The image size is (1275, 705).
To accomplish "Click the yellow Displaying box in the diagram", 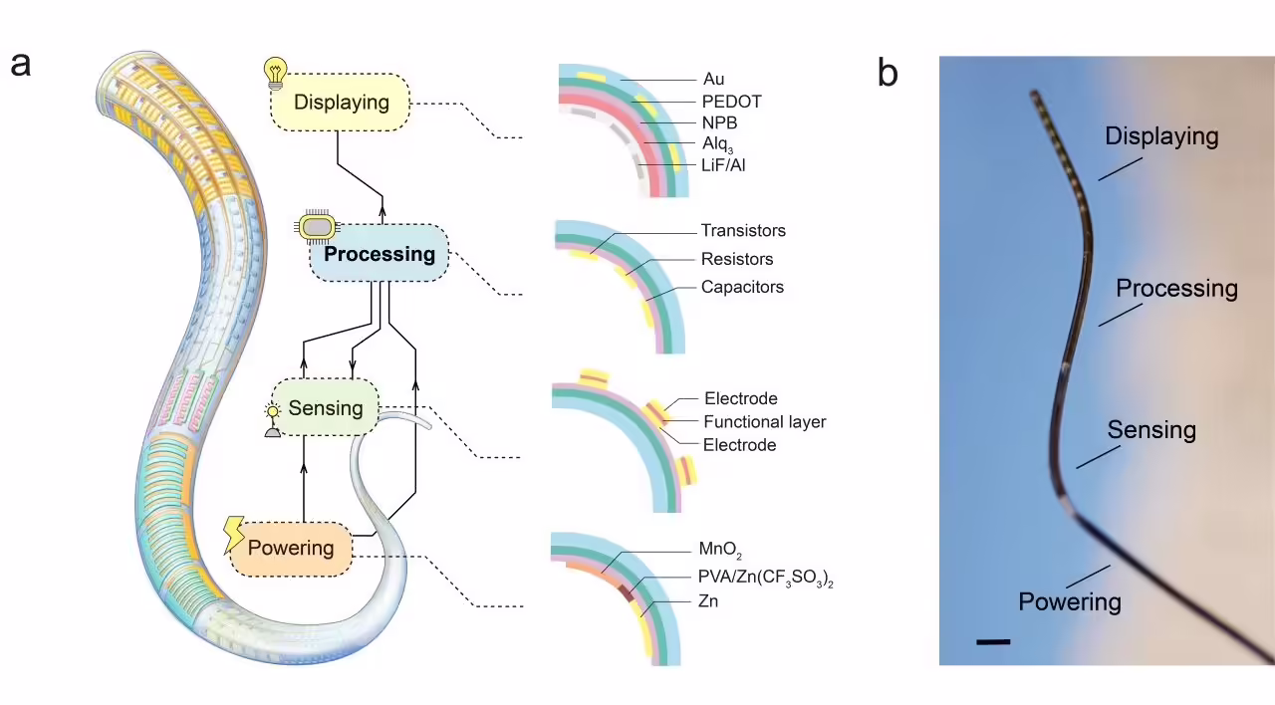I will pyautogui.click(x=341, y=102).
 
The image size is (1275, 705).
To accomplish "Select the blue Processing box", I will pyautogui.click(x=380, y=254).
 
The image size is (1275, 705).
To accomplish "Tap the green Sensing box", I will pyautogui.click(x=325, y=408).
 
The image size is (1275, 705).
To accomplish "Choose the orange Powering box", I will pyautogui.click(x=291, y=548).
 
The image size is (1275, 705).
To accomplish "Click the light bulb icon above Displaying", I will pyautogui.click(x=274, y=71).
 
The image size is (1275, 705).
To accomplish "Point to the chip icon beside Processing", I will pyautogui.click(x=316, y=227).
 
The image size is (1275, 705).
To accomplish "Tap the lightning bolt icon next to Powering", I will pyautogui.click(x=235, y=535).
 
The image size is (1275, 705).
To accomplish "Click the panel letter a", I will pyautogui.click(x=21, y=64).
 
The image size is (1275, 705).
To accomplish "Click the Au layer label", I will pyautogui.click(x=713, y=79).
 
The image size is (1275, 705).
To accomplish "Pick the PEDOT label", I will pyautogui.click(x=731, y=102).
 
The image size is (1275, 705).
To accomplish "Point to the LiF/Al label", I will pyautogui.click(x=724, y=165).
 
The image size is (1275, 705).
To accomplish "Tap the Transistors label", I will pyautogui.click(x=743, y=230).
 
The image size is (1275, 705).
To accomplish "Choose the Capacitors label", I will pyautogui.click(x=742, y=287).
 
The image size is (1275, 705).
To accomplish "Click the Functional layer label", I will pyautogui.click(x=765, y=421).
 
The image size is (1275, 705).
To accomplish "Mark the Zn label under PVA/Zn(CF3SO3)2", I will pyautogui.click(x=708, y=601).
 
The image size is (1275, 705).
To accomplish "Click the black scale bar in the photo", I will pyautogui.click(x=993, y=642).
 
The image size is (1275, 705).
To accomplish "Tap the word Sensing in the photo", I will pyautogui.click(x=1151, y=430).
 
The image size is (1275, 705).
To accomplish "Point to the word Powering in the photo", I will pyautogui.click(x=1070, y=601).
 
